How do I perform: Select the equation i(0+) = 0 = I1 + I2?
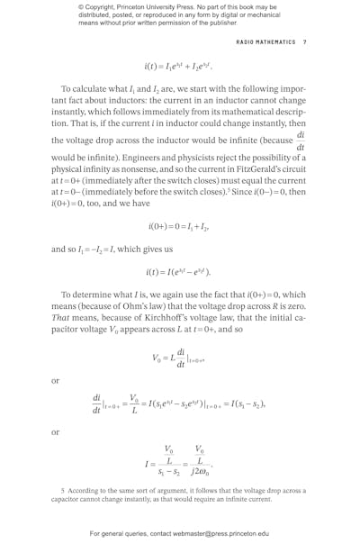pyautogui.click(x=179, y=229)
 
